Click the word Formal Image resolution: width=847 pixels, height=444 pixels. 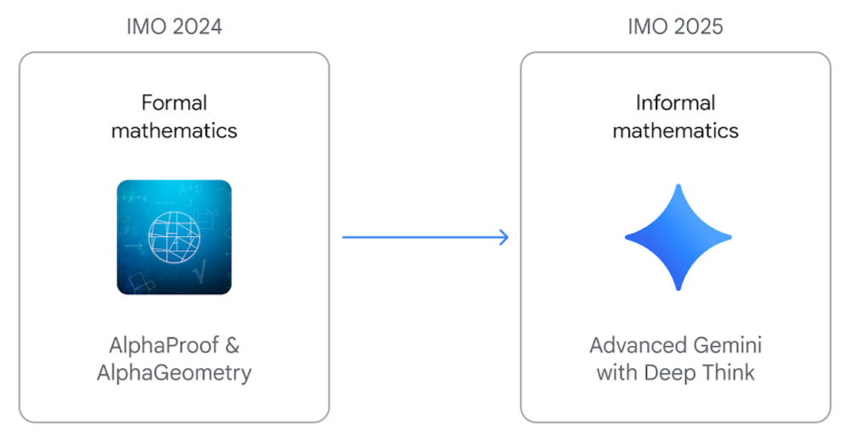click(174, 102)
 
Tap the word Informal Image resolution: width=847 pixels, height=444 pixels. click(675, 102)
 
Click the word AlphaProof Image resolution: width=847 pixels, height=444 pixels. click(164, 345)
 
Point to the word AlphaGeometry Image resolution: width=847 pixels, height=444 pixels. click(174, 372)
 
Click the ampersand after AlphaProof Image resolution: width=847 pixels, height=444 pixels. click(232, 345)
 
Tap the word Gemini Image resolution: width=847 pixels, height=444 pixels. click(728, 345)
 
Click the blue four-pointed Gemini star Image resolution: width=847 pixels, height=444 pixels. click(678, 237)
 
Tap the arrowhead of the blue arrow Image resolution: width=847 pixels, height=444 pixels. click(504, 237)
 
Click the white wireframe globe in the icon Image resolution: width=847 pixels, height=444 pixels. click(174, 237)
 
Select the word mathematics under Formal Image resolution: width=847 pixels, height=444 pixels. click(174, 130)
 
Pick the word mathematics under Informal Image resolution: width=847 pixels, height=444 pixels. click(675, 130)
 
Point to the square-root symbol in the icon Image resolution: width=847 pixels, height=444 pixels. click(199, 271)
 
